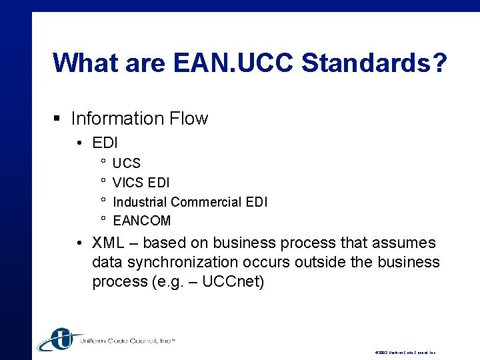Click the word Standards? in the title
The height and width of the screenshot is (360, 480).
(374, 63)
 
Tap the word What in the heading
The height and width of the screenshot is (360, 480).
(83, 63)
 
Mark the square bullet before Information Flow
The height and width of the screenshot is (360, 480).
(58, 119)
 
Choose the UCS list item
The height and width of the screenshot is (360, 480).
(127, 163)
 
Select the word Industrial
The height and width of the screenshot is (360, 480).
(139, 201)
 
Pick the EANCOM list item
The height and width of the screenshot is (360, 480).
(141, 221)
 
